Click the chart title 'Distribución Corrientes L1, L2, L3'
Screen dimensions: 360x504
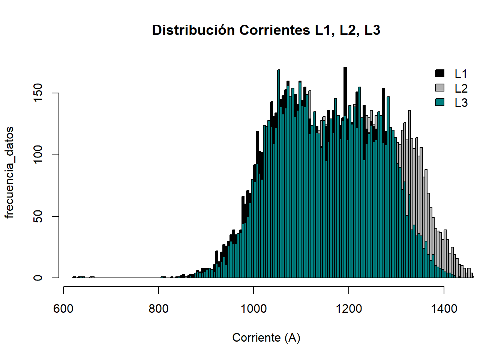tap(266, 30)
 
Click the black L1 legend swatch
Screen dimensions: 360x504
tap(439, 73)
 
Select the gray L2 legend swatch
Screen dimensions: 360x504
tap(439, 88)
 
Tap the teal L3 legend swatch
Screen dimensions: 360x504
tap(439, 102)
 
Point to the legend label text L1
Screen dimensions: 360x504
tap(461, 74)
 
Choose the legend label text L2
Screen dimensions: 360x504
tap(461, 88)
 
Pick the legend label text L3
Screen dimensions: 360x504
tap(461, 102)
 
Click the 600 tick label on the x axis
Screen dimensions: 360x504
tap(63, 309)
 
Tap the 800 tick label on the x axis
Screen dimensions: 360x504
tap(158, 309)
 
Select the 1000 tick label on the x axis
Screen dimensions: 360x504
tap(253, 309)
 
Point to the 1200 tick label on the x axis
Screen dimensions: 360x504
tap(349, 309)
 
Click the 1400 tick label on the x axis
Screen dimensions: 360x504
tap(444, 309)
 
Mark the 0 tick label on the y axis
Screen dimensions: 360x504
tap(38, 278)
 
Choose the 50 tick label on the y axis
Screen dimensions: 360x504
tap(38, 216)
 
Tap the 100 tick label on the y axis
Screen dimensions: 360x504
tap(38, 155)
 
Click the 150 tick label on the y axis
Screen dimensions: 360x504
tap(38, 93)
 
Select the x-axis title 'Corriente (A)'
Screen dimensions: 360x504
tap(266, 337)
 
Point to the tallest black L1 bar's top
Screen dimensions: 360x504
tap(345, 68)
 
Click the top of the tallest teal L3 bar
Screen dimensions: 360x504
tap(279, 70)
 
